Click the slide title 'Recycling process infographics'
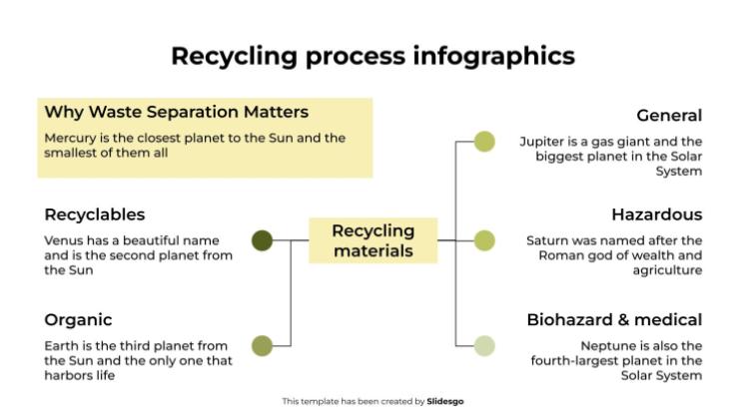pyautogui.click(x=373, y=55)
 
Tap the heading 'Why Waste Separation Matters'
pyautogui.click(x=176, y=112)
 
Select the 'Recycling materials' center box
pyautogui.click(x=373, y=240)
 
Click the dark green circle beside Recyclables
pyautogui.click(x=262, y=240)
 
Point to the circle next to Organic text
pyautogui.click(x=262, y=345)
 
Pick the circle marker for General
pyautogui.click(x=483, y=142)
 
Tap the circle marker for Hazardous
pyautogui.click(x=483, y=240)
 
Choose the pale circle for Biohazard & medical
pyautogui.click(x=483, y=345)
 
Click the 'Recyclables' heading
pyautogui.click(x=95, y=214)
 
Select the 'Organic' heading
pyautogui.click(x=78, y=320)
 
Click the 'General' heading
pyautogui.click(x=669, y=116)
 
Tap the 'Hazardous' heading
pyautogui.click(x=656, y=214)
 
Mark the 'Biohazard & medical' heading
pyautogui.click(x=614, y=320)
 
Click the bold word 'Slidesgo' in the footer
pyautogui.click(x=444, y=401)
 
